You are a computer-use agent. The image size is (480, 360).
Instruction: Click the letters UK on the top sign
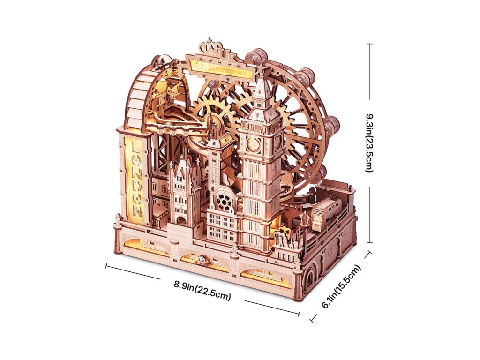(228, 56)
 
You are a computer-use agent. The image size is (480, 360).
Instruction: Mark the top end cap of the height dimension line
(370, 44)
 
